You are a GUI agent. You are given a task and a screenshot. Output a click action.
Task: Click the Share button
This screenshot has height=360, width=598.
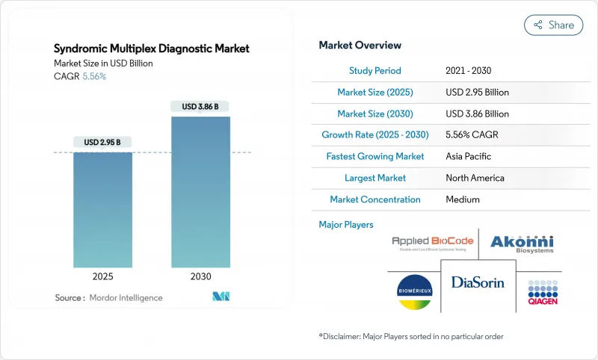pos(553,25)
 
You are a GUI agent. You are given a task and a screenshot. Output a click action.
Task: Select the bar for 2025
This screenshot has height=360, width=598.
pos(102,209)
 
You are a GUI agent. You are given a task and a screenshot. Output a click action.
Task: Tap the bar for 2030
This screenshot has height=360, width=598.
pos(200,190)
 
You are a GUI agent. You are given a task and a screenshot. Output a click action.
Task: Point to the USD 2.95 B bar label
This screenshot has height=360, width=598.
pos(102,142)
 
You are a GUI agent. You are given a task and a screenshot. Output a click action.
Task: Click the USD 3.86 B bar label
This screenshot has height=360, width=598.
pos(200,106)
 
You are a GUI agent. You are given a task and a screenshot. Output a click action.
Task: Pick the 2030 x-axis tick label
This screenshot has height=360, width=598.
pos(200,276)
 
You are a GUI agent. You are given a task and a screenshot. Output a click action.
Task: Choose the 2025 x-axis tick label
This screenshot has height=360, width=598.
pos(102,276)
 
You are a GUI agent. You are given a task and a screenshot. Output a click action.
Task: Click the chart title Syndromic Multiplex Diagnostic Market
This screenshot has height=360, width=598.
pos(152,49)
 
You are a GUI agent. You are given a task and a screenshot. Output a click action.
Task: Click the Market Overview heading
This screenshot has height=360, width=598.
pos(360,46)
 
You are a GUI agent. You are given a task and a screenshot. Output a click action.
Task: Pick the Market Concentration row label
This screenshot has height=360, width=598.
pos(374,200)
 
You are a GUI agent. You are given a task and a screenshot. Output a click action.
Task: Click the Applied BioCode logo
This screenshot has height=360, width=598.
pos(431,243)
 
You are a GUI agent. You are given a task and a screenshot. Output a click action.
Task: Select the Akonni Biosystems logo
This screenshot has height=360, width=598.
pos(522,243)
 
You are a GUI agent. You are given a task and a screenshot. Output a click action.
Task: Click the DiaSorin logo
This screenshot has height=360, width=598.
pos(478,282)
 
